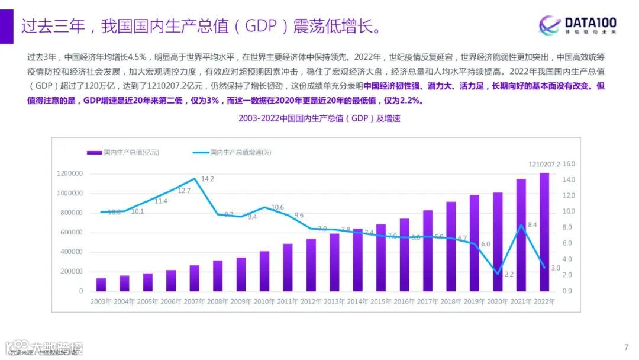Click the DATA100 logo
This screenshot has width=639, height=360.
click(577, 25)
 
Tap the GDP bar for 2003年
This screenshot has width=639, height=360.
click(101, 284)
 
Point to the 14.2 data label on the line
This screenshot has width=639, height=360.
click(208, 179)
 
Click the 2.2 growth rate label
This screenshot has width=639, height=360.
click(509, 274)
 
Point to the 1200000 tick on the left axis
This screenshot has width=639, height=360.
click(70, 173)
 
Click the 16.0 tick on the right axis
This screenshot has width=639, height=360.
click(568, 164)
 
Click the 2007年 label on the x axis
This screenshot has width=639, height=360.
click(194, 301)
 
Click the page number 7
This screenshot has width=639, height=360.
click(626, 347)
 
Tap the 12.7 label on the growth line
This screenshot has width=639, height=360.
click(184, 191)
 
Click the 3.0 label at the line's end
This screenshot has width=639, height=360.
click(556, 268)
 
